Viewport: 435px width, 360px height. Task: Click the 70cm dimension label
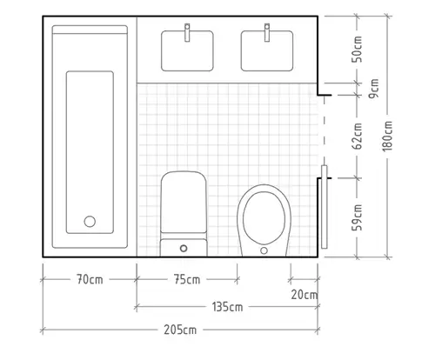pos(90,280)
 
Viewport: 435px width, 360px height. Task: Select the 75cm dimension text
pos(187,280)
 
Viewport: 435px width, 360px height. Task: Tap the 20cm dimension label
pos(304,295)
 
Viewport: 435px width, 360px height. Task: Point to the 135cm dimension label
pos(227,307)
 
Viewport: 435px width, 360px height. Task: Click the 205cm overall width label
pos(180,330)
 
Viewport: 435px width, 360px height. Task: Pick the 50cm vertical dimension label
pos(358,50)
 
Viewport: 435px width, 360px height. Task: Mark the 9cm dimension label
pos(374,89)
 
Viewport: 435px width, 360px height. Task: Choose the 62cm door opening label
pos(358,136)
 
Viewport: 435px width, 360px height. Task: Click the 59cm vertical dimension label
pos(358,217)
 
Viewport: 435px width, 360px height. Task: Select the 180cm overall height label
pos(387,136)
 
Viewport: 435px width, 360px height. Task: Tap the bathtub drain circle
pos(90,222)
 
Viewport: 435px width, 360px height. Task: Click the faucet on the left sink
pos(187,32)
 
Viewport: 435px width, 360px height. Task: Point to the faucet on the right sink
pos(267,32)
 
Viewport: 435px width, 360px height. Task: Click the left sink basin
pos(187,51)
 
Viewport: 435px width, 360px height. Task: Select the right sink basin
pos(267,51)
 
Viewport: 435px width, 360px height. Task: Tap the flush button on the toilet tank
pos(184,249)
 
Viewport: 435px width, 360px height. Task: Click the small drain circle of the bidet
pos(264,250)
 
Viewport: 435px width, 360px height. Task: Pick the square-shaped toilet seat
pos(184,203)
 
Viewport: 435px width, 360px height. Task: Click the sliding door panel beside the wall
pos(325,207)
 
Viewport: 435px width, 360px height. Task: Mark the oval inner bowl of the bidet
pos(264,217)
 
